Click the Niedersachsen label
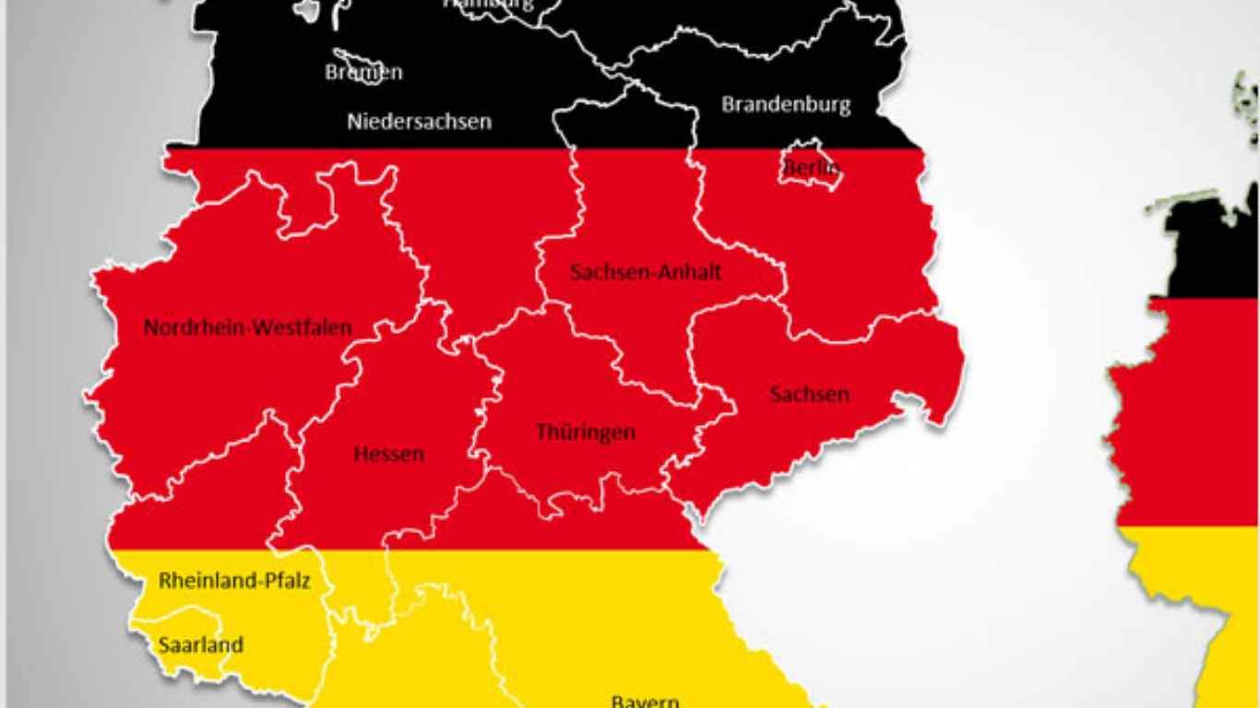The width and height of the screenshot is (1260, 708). (x=419, y=121)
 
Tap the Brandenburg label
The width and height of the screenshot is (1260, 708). (x=786, y=104)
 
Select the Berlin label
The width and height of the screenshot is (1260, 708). (x=812, y=168)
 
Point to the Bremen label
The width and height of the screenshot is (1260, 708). (x=363, y=72)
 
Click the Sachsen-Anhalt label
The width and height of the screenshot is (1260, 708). (x=646, y=272)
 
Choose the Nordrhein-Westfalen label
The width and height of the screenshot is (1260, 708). (x=247, y=327)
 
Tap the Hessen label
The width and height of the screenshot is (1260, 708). (x=389, y=454)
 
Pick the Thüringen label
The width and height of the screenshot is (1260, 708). (x=586, y=431)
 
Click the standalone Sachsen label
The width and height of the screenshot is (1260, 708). (x=809, y=395)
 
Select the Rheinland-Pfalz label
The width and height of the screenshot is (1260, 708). (x=234, y=581)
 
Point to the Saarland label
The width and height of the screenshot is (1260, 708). (x=200, y=644)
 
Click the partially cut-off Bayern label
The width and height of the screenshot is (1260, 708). (x=645, y=701)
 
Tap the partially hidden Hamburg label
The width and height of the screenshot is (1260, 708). (x=489, y=5)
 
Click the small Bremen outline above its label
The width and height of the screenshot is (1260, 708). (x=351, y=58)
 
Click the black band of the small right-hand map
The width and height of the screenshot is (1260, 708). (x=1208, y=249)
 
